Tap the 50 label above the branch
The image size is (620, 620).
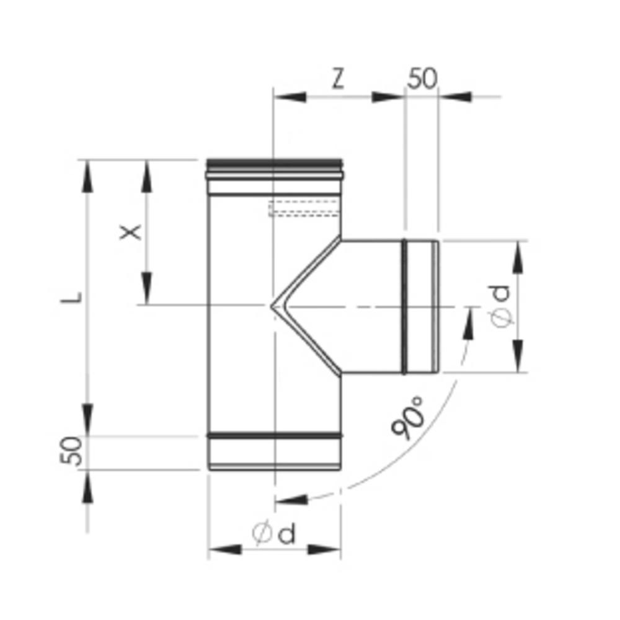click(x=423, y=79)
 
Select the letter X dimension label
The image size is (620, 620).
click(x=130, y=232)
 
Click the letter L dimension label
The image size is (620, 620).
click(x=73, y=296)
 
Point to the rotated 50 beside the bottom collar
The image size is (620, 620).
click(x=72, y=451)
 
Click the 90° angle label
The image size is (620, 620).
click(x=410, y=418)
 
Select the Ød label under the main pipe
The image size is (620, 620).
click(x=274, y=533)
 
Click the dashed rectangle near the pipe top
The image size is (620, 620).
click(x=304, y=208)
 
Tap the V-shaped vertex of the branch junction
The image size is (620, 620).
click(x=273, y=305)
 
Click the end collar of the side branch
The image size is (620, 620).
click(x=422, y=307)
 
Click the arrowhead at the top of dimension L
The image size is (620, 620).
click(x=87, y=173)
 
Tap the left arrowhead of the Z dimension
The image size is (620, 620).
click(x=289, y=97)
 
